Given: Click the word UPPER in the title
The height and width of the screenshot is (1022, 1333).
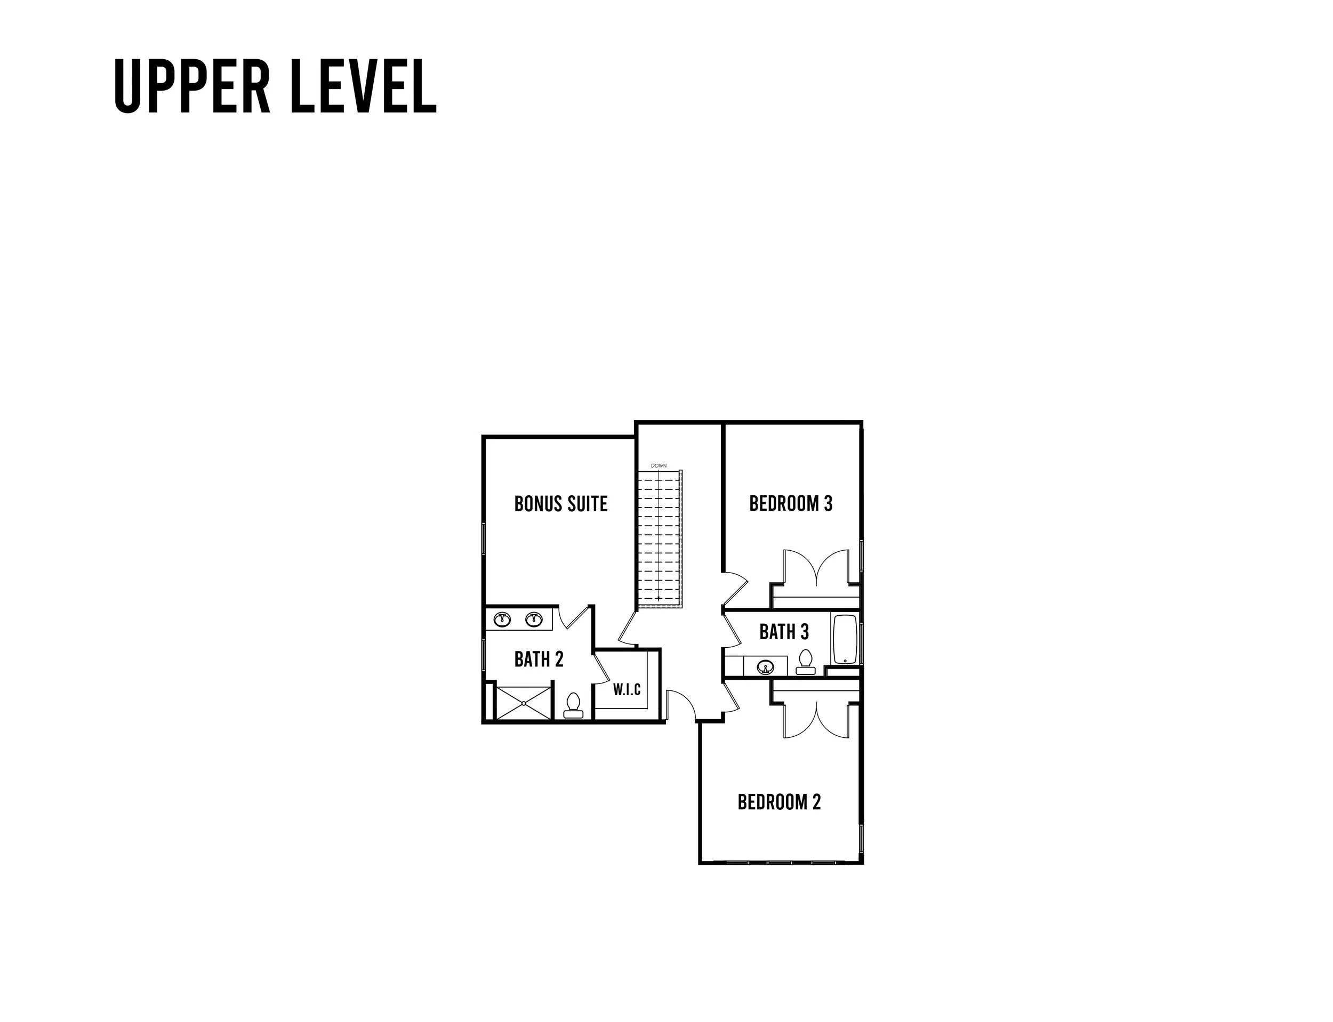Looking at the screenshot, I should pos(191,86).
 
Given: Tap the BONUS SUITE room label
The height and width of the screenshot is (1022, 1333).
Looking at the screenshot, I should pos(560,504).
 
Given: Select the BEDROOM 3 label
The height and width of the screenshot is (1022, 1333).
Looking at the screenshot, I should pos(790,504).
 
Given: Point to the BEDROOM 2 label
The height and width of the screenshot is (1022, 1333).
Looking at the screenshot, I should pos(779,802).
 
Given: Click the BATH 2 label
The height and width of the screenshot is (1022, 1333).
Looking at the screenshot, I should pos(539,659).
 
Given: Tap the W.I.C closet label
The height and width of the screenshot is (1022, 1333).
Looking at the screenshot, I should pos(627,689).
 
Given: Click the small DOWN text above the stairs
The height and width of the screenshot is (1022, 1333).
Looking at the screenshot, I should pos(659,465).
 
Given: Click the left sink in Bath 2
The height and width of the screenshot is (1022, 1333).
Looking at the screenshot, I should pos(502,619).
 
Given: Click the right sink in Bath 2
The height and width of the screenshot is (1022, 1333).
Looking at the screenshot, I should pos(534,619).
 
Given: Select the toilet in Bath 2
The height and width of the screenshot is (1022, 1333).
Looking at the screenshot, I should pos(573,705).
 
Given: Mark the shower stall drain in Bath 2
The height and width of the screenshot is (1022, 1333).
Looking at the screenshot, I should pos(523,703).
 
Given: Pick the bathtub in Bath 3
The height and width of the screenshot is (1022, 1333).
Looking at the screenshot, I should pos(845,639).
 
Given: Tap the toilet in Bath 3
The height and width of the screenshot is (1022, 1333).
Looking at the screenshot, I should pos(806,661).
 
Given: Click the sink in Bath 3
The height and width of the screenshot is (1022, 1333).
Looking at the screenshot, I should pos(765,667).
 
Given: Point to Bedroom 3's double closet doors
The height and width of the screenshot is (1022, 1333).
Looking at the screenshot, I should pos(815,569).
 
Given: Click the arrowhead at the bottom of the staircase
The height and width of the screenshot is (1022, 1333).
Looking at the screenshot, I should pos(659,599).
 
